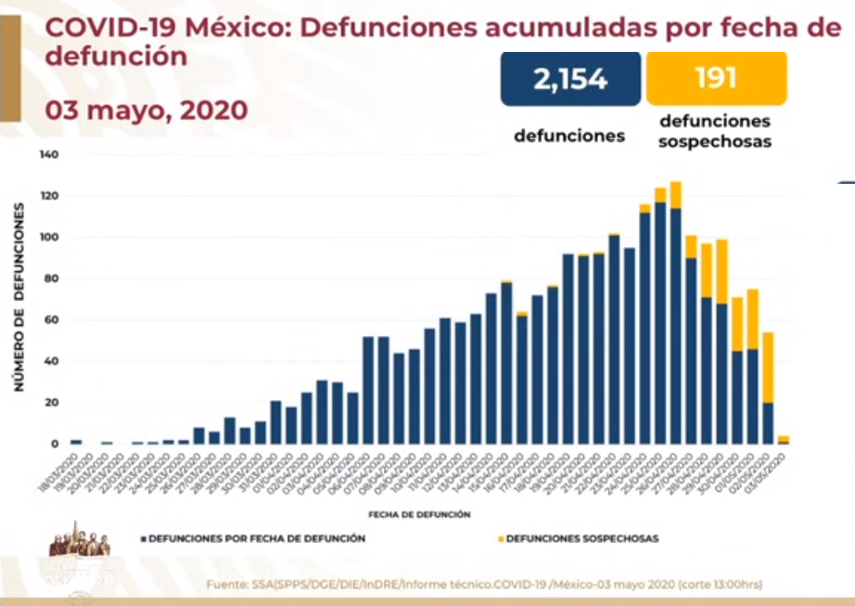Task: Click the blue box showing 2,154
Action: tap(569, 79)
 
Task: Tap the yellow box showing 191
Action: tap(716, 78)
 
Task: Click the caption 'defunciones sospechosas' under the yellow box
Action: tap(714, 132)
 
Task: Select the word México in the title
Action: tap(233, 28)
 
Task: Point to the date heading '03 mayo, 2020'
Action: tap(146, 110)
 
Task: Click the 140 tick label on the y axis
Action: tap(49, 155)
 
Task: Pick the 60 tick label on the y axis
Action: tap(52, 320)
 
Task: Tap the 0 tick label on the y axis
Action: tap(56, 444)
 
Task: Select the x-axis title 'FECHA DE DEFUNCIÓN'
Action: tap(418, 513)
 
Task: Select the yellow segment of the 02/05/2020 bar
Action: tap(768, 367)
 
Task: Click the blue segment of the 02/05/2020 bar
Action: tap(768, 423)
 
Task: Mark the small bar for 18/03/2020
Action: tap(76, 442)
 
